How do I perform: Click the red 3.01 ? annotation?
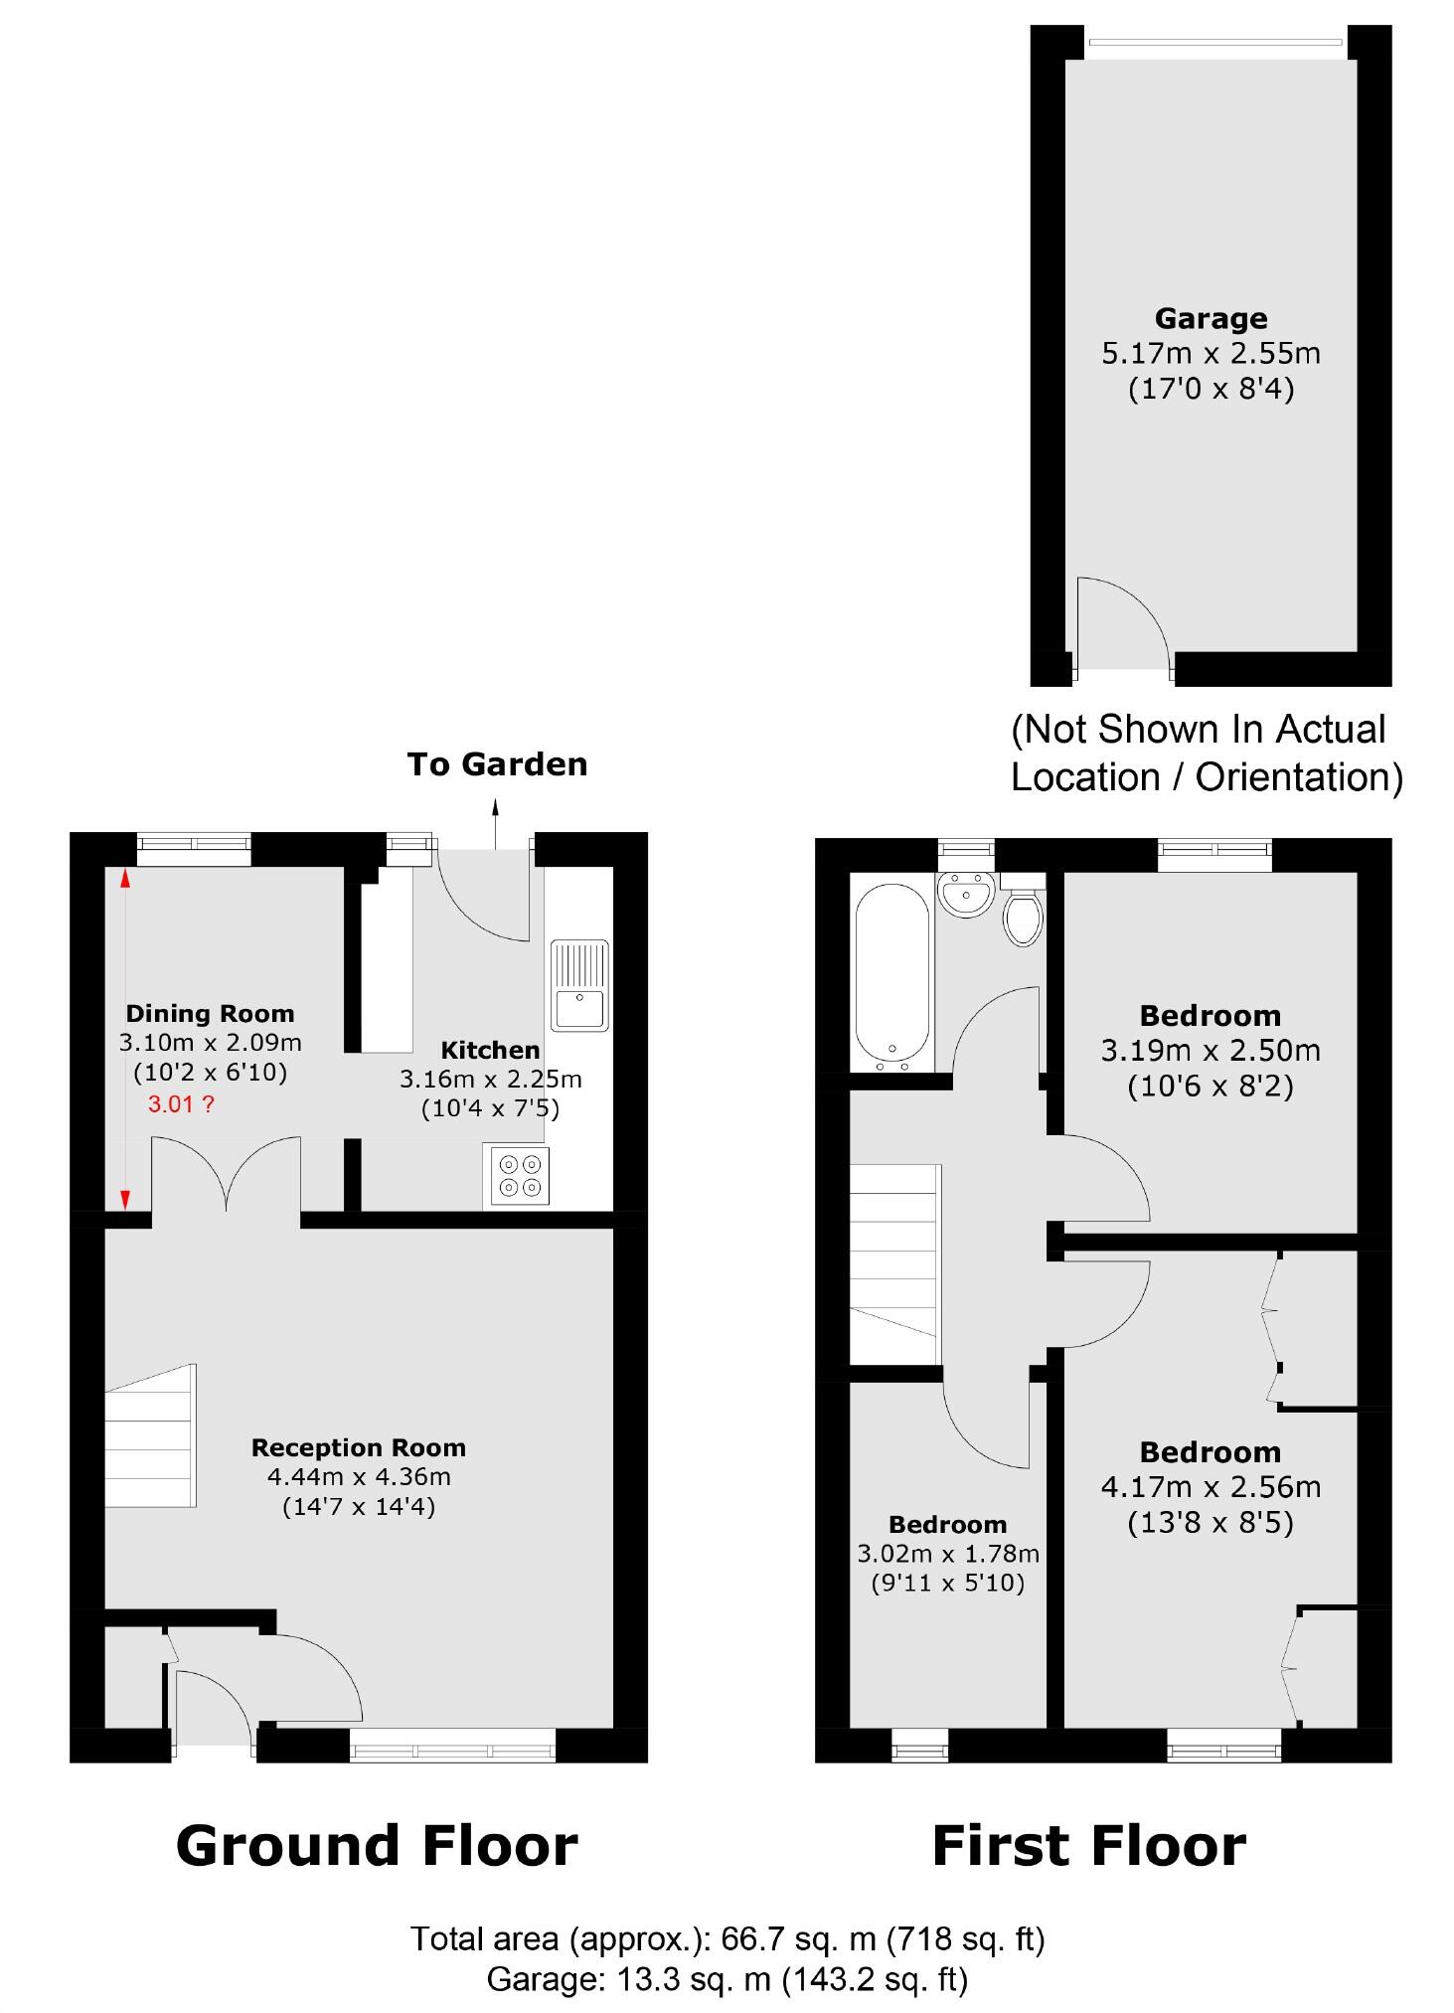[180, 1103]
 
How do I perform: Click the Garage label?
[1211, 319]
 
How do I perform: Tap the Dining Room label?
[210, 1014]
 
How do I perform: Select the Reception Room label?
[358, 1447]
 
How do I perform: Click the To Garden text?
[497, 764]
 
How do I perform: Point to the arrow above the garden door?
[495, 822]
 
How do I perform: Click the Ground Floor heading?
[377, 1846]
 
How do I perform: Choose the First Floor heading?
[1088, 1846]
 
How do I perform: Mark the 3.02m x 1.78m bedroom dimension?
[948, 1553]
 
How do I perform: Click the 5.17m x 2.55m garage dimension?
[1211, 354]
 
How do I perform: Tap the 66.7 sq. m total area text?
[727, 1938]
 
